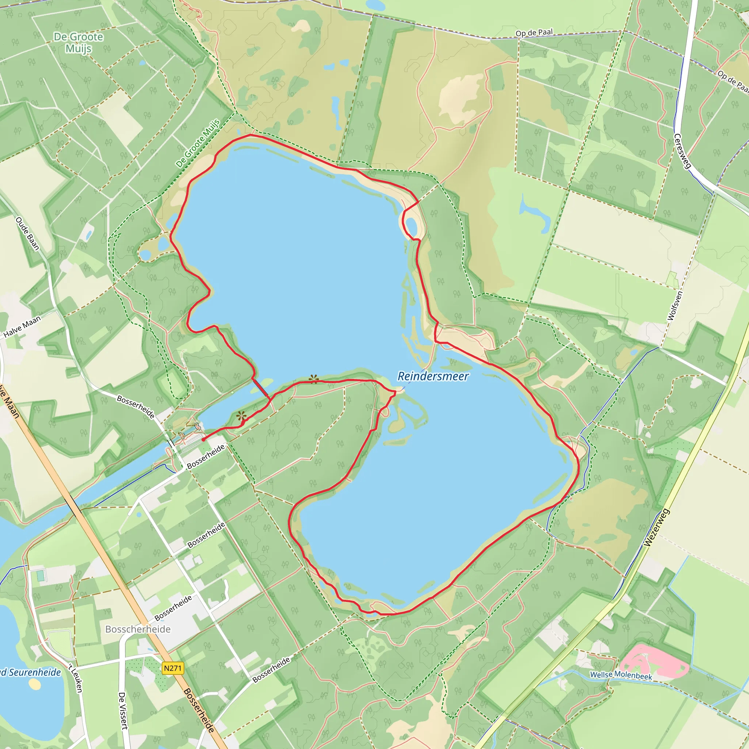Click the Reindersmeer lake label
433,376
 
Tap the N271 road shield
173,668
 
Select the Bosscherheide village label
138,629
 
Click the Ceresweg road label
682,151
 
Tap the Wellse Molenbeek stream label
621,675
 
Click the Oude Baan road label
27,233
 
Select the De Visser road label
123,711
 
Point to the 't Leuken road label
76,678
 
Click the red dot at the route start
203,440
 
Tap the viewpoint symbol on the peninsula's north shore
314,379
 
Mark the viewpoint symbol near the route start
241,416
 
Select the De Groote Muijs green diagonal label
198,143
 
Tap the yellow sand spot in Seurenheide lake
34,684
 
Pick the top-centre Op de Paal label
534,33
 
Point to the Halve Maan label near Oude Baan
22,327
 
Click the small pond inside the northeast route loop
411,226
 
